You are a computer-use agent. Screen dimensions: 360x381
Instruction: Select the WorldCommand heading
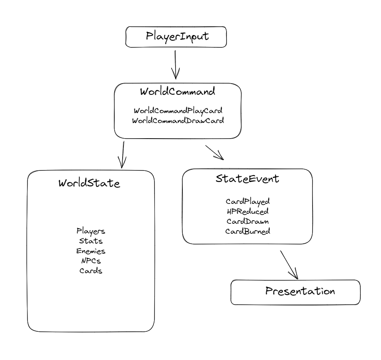click(178, 92)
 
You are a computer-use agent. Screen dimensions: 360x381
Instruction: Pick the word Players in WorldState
click(91, 231)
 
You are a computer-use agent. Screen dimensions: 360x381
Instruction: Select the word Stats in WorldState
click(91, 241)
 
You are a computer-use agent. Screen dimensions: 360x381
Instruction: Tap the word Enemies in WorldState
click(91, 251)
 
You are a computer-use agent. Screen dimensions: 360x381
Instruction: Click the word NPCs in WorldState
click(91, 261)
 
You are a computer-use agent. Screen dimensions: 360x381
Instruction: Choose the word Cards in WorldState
click(91, 271)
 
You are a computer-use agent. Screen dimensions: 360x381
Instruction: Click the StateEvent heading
click(247, 178)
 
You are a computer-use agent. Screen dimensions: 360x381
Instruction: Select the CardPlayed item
click(248, 202)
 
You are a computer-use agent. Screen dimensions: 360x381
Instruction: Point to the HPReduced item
click(248, 211)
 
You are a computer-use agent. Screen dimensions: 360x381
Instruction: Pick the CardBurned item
click(248, 231)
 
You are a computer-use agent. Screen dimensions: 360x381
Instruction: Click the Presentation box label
click(300, 291)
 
